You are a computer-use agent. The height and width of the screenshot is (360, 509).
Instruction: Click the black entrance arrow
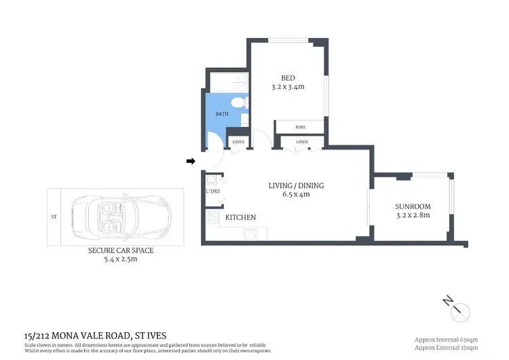(191, 161)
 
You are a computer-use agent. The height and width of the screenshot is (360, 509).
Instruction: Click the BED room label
(288, 77)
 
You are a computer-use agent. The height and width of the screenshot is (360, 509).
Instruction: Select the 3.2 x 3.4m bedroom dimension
(288, 88)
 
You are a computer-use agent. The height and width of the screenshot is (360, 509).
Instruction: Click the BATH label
(222, 114)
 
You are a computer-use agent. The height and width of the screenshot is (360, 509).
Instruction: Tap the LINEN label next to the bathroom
(238, 142)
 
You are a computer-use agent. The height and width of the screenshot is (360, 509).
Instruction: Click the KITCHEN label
(240, 217)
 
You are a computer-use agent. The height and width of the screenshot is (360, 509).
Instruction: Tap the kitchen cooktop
(212, 218)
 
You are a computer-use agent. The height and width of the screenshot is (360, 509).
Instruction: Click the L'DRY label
(212, 192)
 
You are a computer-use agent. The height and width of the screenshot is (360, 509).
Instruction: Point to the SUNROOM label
(413, 206)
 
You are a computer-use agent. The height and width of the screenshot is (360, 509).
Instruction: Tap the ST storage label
(53, 217)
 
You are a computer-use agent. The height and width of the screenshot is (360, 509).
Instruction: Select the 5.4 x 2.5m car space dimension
(120, 259)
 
